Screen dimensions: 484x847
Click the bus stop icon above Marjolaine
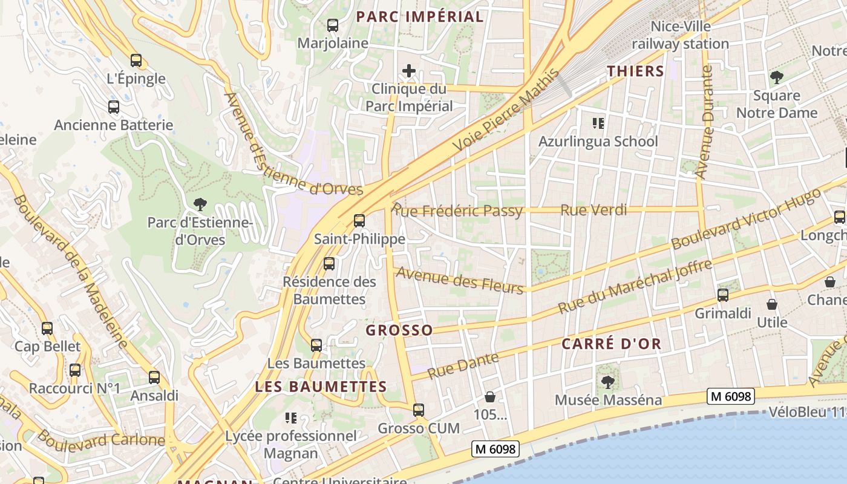tap(332, 25)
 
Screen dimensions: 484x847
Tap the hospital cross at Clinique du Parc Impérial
tap(409, 71)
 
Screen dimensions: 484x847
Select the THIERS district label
tap(636, 71)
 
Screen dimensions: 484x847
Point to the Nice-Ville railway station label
tap(680, 35)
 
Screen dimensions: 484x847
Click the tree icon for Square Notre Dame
tap(776, 77)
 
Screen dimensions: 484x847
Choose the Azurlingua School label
tap(598, 142)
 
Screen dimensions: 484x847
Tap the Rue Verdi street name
tap(594, 211)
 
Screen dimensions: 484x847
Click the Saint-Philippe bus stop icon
tap(359, 221)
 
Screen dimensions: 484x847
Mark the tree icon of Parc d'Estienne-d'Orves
tap(200, 204)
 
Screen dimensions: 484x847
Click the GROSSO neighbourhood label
tap(399, 330)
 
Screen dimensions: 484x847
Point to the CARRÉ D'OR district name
tap(611, 344)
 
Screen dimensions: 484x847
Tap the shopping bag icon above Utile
tap(771, 304)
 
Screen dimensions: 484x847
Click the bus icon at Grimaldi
tap(722, 295)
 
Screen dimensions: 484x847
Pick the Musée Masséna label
tap(608, 400)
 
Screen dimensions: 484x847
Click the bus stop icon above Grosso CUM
tap(419, 410)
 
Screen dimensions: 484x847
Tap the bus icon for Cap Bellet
tap(47, 329)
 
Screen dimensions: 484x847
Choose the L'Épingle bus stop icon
tap(136, 60)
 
